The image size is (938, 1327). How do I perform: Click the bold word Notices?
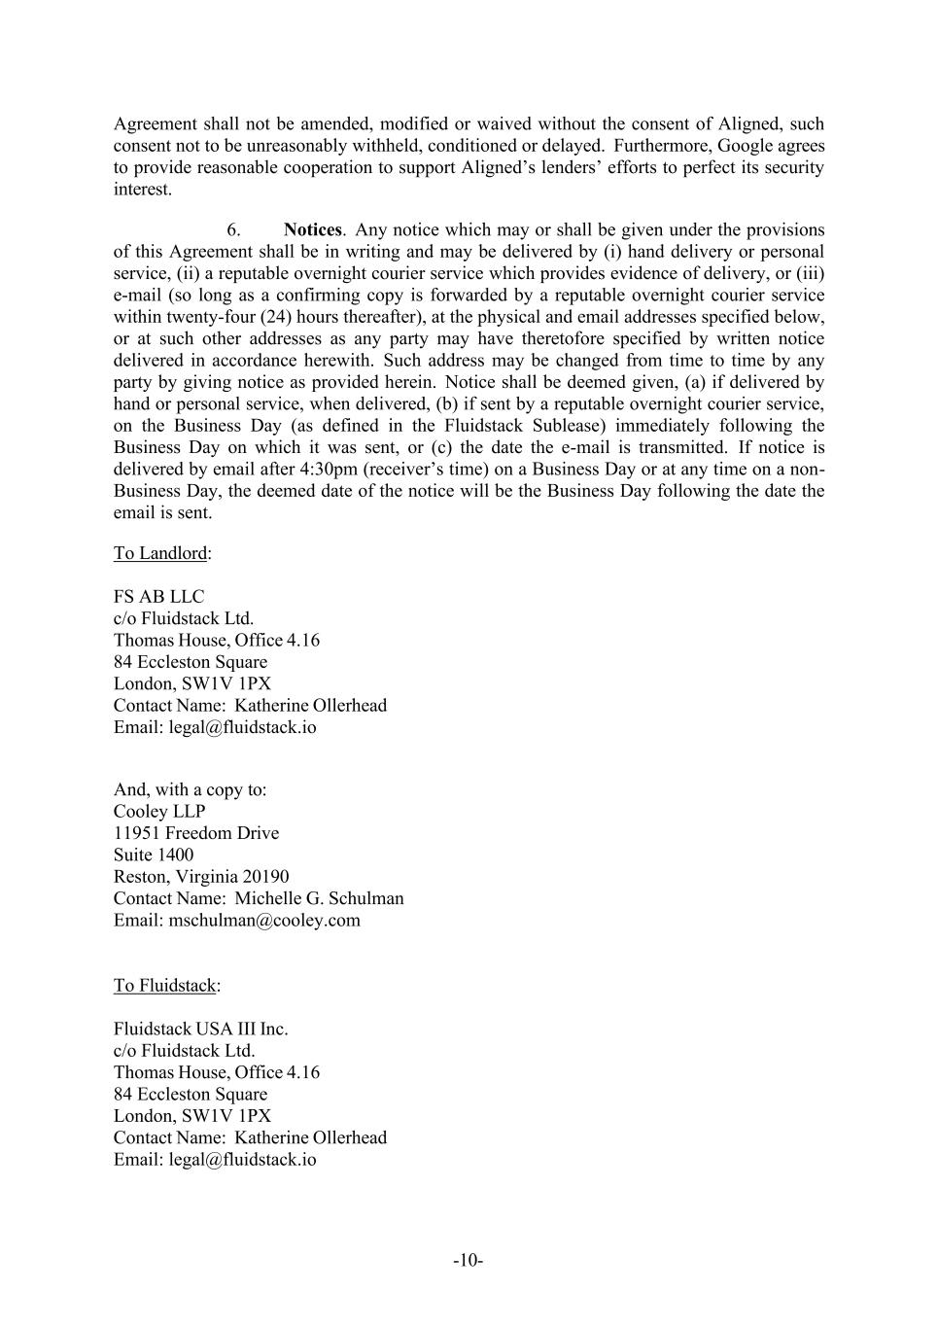[312, 230]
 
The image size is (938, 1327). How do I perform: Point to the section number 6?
[233, 230]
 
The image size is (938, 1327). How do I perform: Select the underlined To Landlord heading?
[160, 553]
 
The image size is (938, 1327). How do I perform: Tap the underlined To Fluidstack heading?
[164, 986]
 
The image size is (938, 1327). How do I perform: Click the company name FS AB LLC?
[158, 597]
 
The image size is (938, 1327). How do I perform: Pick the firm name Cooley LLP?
[159, 812]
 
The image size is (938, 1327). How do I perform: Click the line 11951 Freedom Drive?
[195, 833]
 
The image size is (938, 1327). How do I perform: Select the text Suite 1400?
[154, 856]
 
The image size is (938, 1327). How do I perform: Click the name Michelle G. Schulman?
[319, 898]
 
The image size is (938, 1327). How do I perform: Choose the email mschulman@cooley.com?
[264, 921]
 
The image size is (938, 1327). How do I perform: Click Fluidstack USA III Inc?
[200, 1029]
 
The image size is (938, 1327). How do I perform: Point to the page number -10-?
[469, 1261]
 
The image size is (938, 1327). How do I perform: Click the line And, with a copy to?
[190, 789]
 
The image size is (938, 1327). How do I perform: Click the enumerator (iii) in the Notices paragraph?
[810, 274]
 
